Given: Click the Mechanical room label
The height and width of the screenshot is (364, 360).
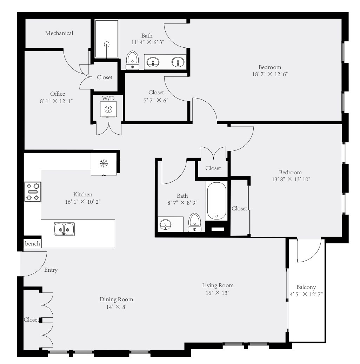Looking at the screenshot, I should point(59,33).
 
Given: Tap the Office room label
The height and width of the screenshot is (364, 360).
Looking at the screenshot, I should point(58,94).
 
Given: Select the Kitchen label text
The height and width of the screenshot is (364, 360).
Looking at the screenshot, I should point(83,194).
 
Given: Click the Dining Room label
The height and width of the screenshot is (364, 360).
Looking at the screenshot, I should point(116,299).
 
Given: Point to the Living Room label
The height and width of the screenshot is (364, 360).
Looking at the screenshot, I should point(218,285).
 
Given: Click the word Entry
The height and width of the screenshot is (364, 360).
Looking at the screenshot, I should point(51,270).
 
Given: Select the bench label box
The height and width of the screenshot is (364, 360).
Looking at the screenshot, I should point(32,244).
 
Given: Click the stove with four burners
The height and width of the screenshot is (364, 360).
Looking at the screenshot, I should point(32,192).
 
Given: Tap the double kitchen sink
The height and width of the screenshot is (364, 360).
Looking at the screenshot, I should point(64,229).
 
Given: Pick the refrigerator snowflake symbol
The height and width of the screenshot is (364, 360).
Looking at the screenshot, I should point(104,163).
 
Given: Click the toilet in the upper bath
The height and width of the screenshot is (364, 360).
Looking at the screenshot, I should point(132,60).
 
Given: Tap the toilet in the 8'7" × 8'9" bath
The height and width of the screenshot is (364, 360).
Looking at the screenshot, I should point(195,223).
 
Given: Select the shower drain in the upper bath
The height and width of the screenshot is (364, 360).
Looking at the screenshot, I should point(107,44).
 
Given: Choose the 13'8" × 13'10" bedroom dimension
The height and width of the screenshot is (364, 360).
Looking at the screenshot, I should point(290,179).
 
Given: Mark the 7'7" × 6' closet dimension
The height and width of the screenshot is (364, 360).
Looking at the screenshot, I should point(156,99).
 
